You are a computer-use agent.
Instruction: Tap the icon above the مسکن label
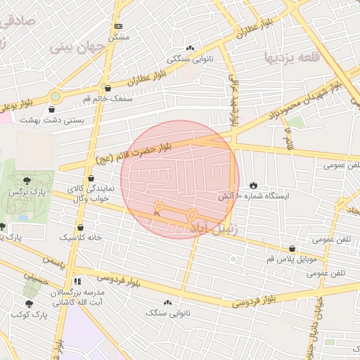117,26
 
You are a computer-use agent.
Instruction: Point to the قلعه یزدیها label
291,55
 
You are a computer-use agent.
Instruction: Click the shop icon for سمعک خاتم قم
108,89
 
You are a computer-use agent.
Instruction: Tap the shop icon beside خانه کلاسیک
80,227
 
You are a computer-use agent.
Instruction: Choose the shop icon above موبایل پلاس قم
292,248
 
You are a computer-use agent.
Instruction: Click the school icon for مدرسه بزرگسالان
77,280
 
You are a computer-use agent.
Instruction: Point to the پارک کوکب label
28,314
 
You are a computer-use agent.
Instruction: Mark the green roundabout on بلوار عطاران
55,96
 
